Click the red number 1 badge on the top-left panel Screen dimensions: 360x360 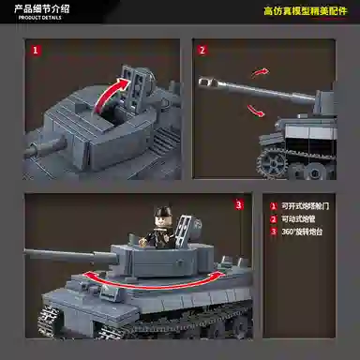coord(36,52)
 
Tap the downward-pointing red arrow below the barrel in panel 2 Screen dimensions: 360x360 coord(256,112)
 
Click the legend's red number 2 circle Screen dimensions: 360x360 coord(273,218)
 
